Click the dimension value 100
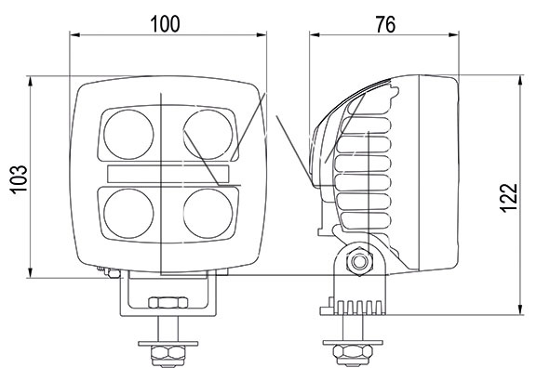tap(165, 24)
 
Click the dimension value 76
tap(385, 24)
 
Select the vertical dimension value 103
tap(19, 179)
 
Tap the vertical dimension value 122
tap(509, 198)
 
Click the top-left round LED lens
tap(128, 135)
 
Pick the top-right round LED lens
tap(208, 135)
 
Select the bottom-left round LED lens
tap(128, 213)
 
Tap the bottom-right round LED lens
tap(208, 213)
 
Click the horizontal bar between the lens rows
tap(168, 174)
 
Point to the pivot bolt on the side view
tap(359, 261)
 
